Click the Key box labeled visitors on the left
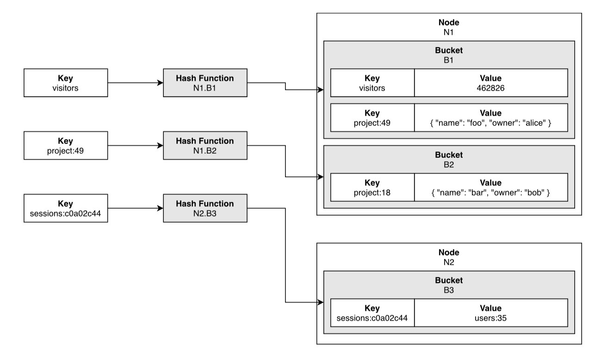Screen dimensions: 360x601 click(x=66, y=83)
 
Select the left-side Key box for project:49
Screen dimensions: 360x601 click(x=66, y=145)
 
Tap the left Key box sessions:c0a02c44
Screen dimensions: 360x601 click(x=66, y=208)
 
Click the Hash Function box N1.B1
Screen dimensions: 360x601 click(x=205, y=83)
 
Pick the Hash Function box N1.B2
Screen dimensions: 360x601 click(x=205, y=145)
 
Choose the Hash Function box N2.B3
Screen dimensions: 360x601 click(x=205, y=208)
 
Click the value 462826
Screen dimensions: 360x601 click(x=491, y=83)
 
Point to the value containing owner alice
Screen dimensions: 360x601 click(x=491, y=118)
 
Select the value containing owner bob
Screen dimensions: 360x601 click(x=491, y=187)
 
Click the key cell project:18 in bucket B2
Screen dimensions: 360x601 click(x=372, y=187)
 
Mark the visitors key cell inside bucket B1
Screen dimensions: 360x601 click(x=372, y=83)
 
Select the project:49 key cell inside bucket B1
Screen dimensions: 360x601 click(x=372, y=118)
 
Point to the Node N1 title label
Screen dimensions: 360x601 click(x=449, y=27)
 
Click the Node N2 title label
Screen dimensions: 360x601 click(x=449, y=257)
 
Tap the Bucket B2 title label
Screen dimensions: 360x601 click(x=449, y=159)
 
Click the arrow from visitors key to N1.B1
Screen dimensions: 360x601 click(x=135, y=83)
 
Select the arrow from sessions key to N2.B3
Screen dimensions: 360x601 click(x=135, y=208)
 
